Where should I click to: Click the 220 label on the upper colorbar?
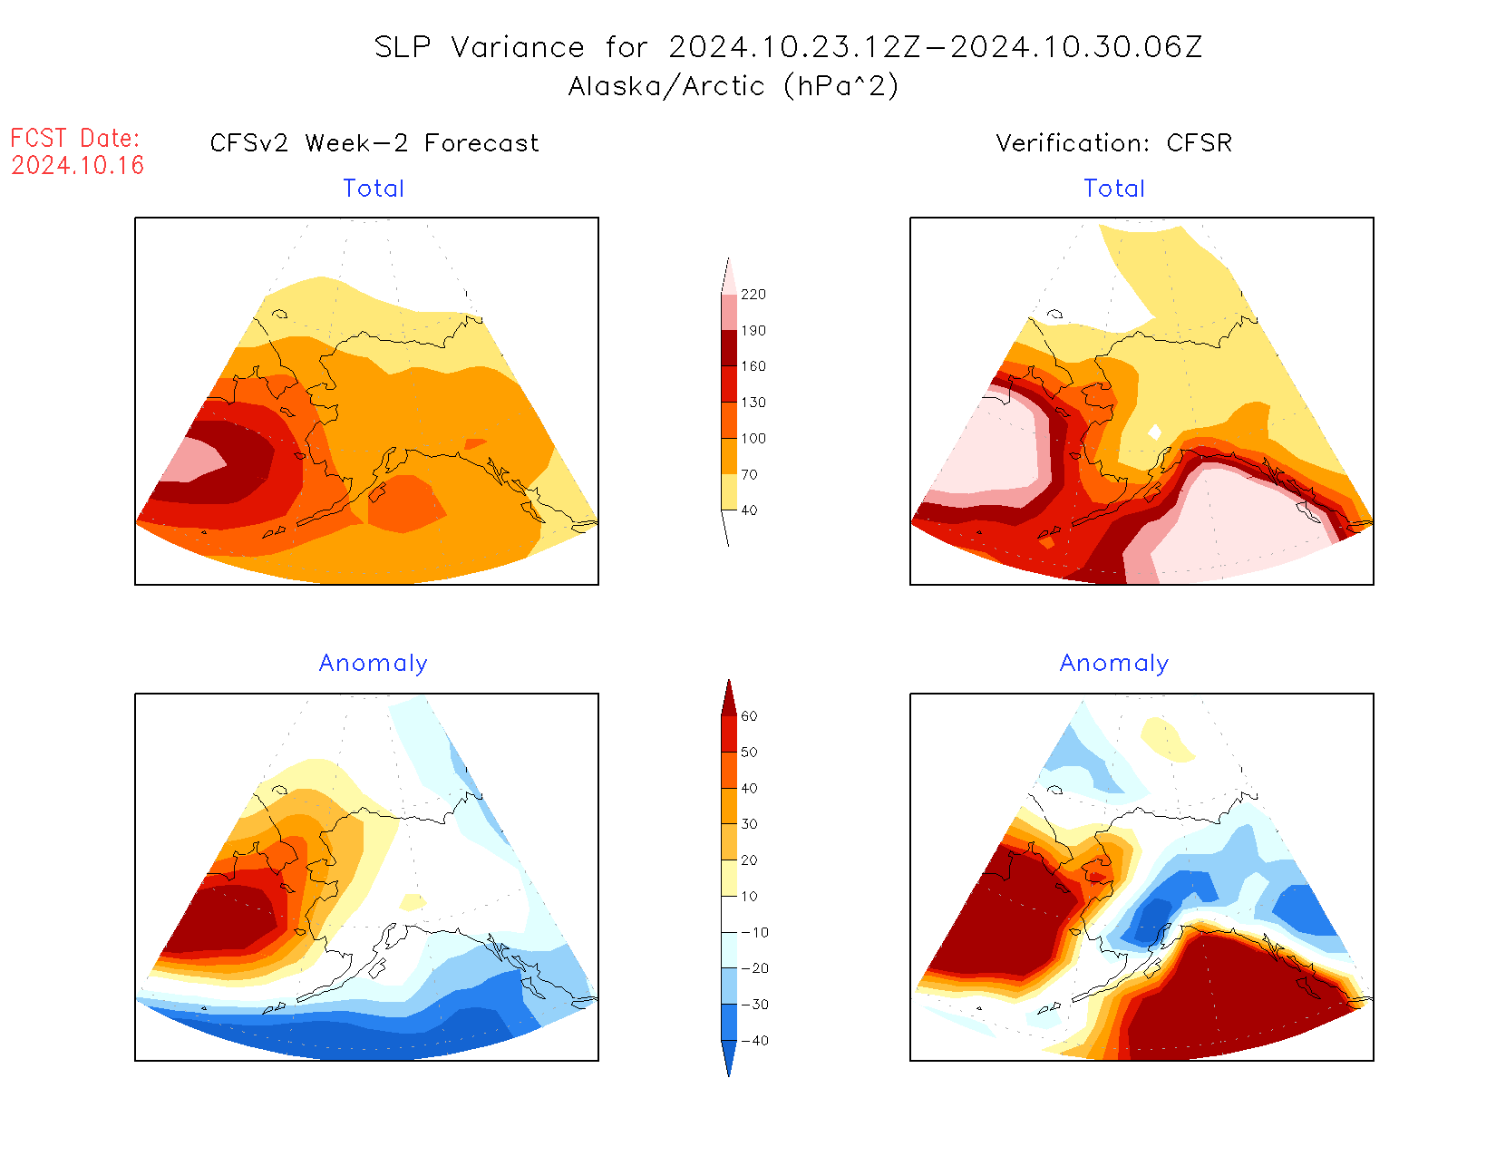click(x=753, y=295)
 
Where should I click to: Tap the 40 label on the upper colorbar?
click(x=749, y=510)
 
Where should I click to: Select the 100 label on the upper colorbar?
click(x=753, y=438)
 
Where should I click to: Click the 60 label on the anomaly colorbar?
click(x=749, y=716)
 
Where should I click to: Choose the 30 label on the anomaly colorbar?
click(x=749, y=824)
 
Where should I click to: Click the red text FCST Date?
click(x=75, y=138)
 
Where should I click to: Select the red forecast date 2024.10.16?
click(x=78, y=165)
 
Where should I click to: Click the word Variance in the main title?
click(x=518, y=47)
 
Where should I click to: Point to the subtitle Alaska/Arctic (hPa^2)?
click(x=733, y=86)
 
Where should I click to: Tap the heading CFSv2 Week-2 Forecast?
click(x=374, y=143)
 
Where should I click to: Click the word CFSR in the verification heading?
click(x=1199, y=143)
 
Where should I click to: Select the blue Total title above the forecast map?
click(x=374, y=189)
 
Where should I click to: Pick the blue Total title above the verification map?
click(x=1114, y=189)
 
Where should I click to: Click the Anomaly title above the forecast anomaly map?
click(x=374, y=664)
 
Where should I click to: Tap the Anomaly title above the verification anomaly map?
click(x=1114, y=664)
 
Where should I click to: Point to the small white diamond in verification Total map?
click(x=1154, y=432)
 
